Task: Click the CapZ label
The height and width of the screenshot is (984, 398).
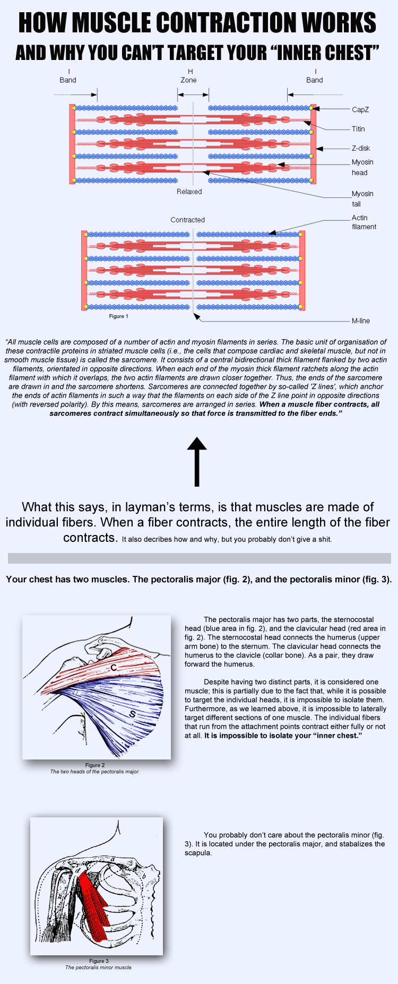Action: (x=360, y=110)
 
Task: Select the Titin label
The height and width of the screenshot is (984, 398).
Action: (x=358, y=129)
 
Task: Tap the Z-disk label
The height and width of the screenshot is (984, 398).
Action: (x=361, y=149)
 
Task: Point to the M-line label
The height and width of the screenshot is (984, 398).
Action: (x=360, y=321)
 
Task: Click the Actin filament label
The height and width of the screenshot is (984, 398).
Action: (x=364, y=222)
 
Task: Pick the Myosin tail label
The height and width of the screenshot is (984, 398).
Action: (x=362, y=198)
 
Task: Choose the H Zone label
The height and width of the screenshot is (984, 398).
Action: (x=189, y=76)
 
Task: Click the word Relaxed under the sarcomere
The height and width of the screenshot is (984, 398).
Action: (x=189, y=192)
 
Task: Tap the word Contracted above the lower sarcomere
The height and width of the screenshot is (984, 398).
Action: (x=187, y=220)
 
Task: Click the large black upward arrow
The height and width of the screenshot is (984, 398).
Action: (x=197, y=461)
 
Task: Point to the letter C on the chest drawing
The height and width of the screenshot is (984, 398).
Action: (x=114, y=668)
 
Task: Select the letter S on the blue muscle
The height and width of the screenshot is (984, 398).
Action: (x=132, y=714)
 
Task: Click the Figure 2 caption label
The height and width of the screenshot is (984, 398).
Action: (x=95, y=765)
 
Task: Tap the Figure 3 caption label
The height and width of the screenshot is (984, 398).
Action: (x=99, y=961)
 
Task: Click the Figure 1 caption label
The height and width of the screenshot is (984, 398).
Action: (x=118, y=316)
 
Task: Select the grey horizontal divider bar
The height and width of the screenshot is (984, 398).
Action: (x=199, y=558)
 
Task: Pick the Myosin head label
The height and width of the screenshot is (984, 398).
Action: (x=362, y=167)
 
